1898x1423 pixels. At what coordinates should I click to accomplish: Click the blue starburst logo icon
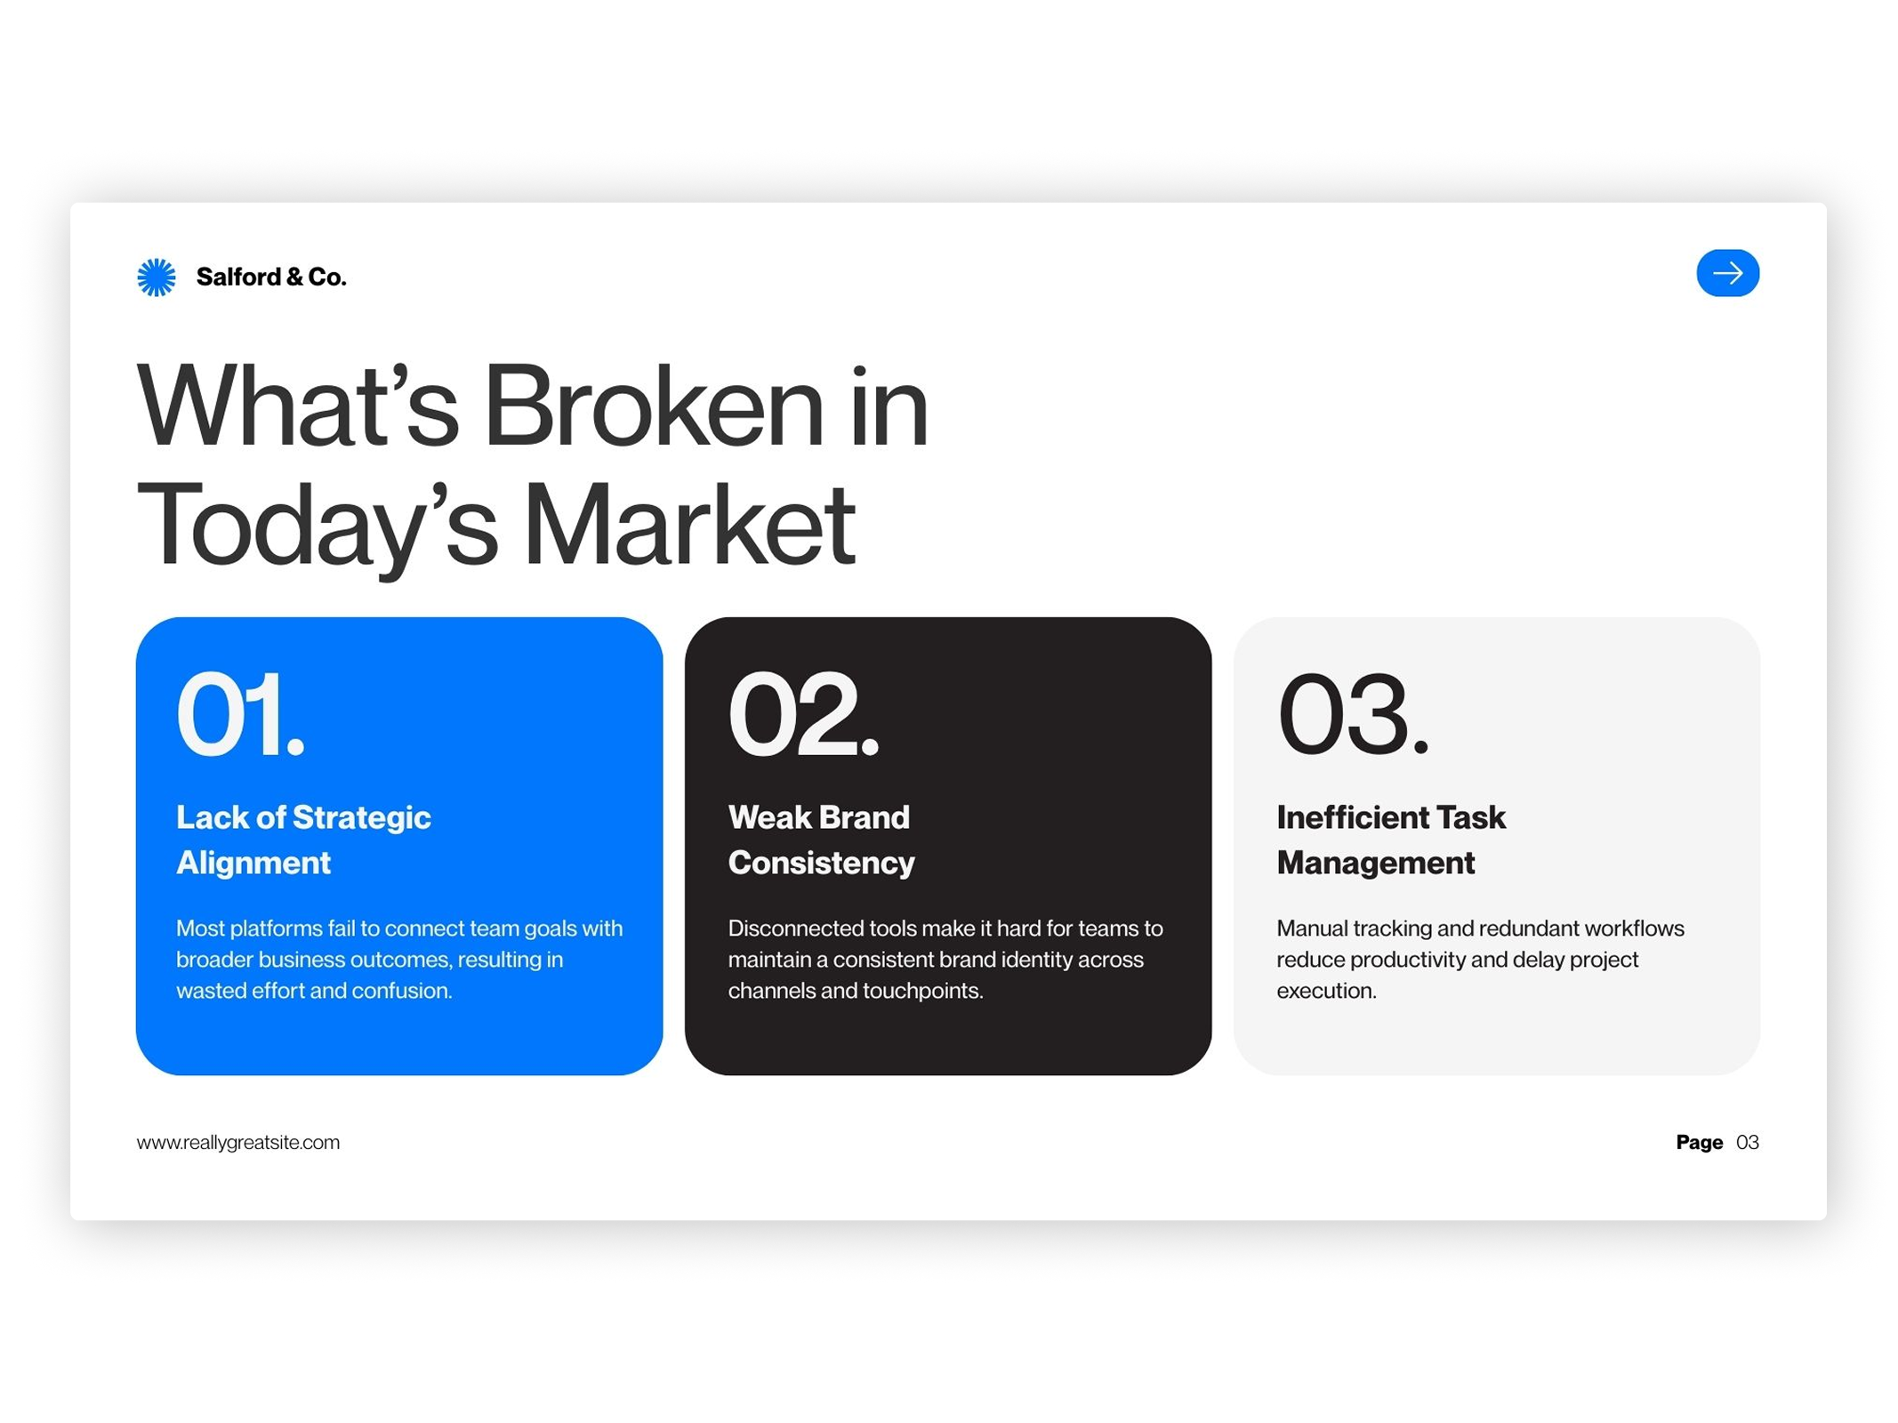[157, 277]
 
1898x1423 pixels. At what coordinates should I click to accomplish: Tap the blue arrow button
[1726, 273]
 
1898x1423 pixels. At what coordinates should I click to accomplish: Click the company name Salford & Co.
[270, 277]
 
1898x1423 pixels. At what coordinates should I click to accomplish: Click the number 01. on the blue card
[240, 714]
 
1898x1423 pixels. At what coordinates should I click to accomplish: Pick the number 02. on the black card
[803, 714]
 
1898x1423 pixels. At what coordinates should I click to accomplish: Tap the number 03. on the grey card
[1352, 714]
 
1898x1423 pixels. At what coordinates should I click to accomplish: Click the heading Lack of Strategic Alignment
[303, 840]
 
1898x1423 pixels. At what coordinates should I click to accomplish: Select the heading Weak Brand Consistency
[821, 840]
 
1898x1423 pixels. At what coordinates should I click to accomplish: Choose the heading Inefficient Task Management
[1390, 840]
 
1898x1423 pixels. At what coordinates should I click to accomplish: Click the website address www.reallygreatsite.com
[238, 1142]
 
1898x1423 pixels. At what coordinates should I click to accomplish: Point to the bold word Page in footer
[1699, 1142]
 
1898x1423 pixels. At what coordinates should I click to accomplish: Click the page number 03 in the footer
[1747, 1142]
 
